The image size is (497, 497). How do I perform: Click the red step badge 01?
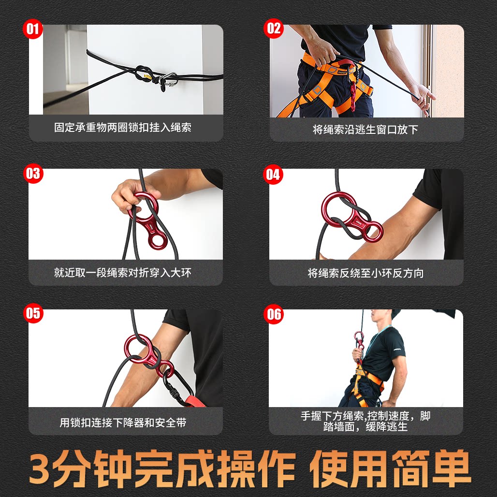coord(33,29)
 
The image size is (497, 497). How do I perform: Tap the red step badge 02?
coord(274,29)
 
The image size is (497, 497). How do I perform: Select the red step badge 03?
coord(33,174)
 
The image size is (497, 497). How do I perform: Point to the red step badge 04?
coord(273,175)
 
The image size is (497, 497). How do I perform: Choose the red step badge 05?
coord(33,313)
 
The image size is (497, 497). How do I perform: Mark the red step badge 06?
coord(274,314)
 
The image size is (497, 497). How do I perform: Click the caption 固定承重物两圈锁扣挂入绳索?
coord(123,128)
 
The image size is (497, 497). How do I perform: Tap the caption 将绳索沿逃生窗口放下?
coord(365,129)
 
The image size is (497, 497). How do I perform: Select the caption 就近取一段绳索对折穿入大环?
coord(123,273)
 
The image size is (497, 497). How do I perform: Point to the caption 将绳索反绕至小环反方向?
coord(365,273)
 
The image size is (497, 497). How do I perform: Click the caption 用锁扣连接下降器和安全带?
coord(123,423)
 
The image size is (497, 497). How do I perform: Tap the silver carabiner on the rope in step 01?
coord(169,80)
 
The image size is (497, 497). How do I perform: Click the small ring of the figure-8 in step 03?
coord(158,241)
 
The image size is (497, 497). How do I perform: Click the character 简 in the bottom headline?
coord(411,468)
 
